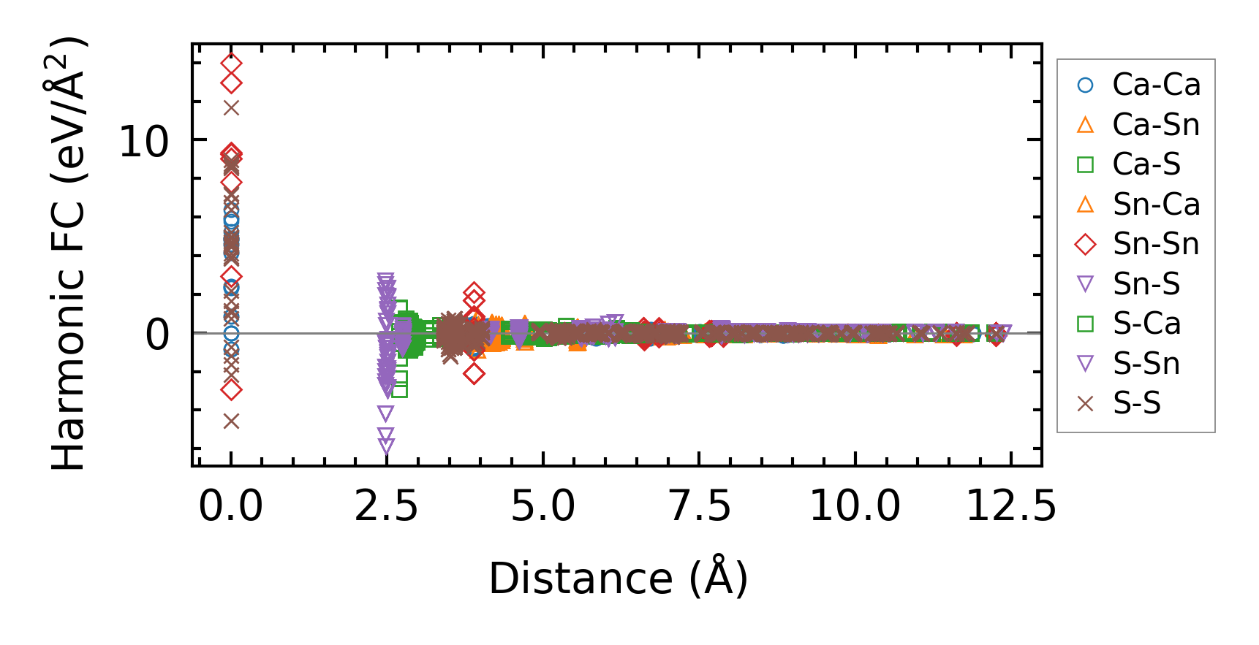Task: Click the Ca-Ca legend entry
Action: pos(1155,85)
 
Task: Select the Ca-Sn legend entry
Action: pos(1155,125)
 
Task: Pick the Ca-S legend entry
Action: pos(1146,164)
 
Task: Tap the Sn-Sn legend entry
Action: pos(1155,244)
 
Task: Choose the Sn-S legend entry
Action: pos(1146,284)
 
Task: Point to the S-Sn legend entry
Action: pos(1146,364)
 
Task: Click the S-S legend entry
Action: pos(1136,403)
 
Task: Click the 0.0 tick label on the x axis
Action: pos(231,505)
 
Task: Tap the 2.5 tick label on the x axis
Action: pos(386,505)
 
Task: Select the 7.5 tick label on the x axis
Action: pos(700,505)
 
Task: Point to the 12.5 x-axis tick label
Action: pos(1011,505)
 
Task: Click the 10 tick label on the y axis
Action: pos(144,141)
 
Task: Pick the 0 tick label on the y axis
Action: pos(157,335)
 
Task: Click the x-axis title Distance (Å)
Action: pos(618,579)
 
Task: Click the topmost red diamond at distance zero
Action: pos(231,64)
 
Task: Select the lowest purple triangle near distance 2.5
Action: pos(386,446)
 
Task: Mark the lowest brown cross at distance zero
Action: pos(231,421)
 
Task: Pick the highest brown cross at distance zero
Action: pos(231,108)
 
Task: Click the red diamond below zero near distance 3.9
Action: pos(475,374)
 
